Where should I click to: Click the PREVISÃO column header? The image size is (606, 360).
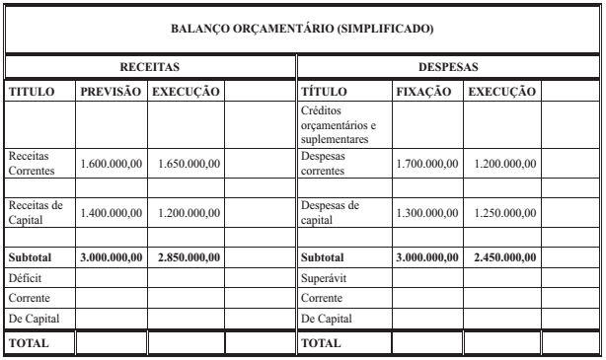pos(112,92)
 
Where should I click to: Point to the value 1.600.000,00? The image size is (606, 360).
pos(112,163)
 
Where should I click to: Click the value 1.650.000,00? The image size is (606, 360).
pos(185,163)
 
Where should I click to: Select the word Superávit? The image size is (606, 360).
pos(324,277)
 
